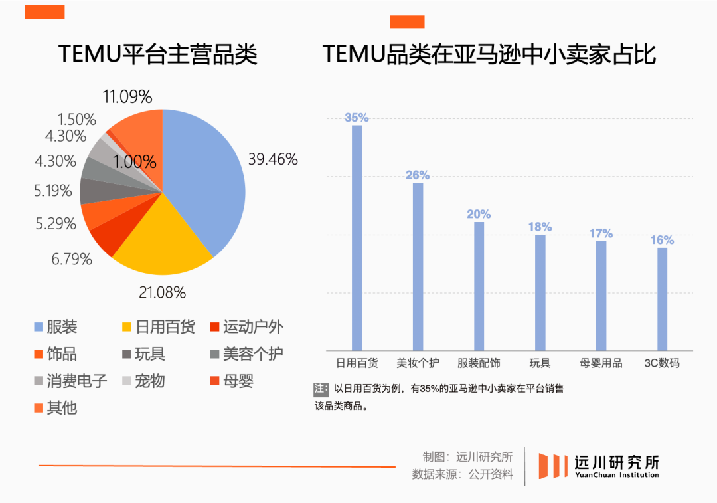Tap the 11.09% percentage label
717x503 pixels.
pos(127,97)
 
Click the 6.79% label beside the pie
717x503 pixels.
pos(72,259)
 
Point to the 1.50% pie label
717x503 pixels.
pos(76,120)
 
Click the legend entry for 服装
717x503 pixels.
pos(56,327)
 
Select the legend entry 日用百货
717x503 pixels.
pos(158,327)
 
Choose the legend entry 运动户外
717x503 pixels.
pos(246,327)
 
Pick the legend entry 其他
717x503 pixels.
pos(56,407)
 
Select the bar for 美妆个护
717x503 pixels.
pos(418,266)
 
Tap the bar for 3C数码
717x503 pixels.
pos(662,299)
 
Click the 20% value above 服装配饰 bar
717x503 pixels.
pos(479,214)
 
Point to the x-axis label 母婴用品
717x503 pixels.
pos(601,363)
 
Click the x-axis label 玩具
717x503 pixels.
pos(540,363)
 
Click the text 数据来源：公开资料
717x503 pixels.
pos(463,474)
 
